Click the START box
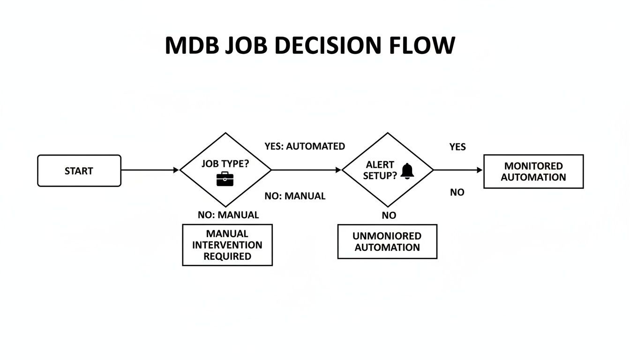point(79,171)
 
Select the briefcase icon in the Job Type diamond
point(225,179)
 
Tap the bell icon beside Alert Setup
point(407,171)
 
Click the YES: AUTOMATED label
point(305,146)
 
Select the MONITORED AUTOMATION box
point(533,172)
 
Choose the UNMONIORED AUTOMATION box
point(387,241)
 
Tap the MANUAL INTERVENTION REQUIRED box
point(227,245)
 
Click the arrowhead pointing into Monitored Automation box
point(480,170)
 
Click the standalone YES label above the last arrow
point(457,147)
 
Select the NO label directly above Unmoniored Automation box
point(389,216)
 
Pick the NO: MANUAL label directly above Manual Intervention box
point(228,215)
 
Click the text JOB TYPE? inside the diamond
point(225,164)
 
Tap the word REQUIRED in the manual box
point(227,256)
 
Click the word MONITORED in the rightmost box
point(533,166)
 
